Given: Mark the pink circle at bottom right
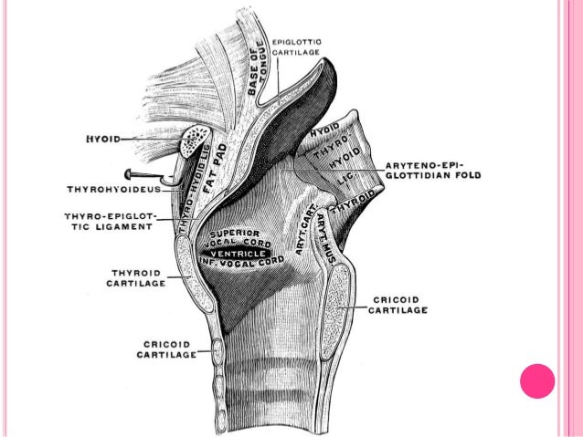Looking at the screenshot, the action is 538,380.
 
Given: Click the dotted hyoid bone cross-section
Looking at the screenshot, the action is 196,143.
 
